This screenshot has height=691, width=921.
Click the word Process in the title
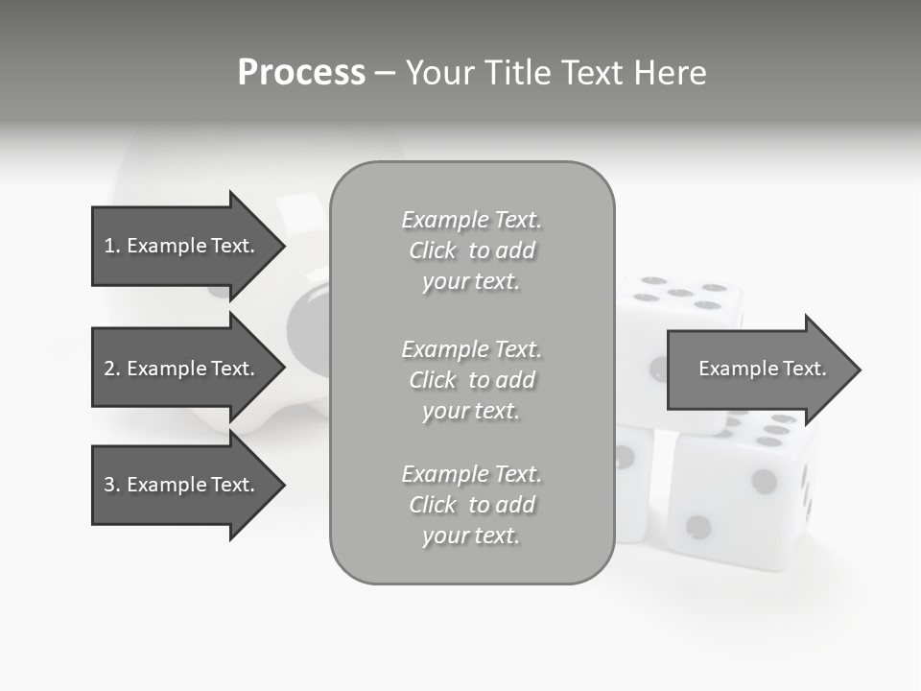click(301, 73)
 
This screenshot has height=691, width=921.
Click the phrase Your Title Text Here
click(555, 73)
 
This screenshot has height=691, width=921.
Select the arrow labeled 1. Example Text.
click(182, 246)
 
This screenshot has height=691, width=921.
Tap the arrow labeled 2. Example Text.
click(182, 369)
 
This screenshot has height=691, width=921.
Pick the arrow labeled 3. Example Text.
click(182, 485)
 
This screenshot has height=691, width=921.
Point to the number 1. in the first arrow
click(111, 246)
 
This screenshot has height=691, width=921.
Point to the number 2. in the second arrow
click(111, 369)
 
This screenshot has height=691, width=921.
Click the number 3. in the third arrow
click(111, 485)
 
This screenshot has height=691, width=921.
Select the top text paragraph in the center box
click(471, 250)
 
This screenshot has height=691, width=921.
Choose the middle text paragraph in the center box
click(471, 380)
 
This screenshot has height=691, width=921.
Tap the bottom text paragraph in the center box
click(471, 505)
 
